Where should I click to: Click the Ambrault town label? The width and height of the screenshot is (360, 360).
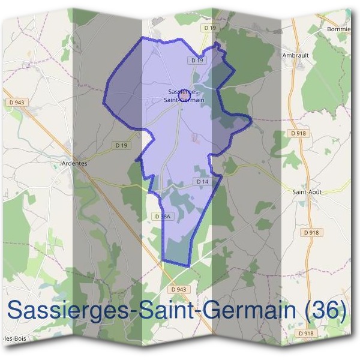295,55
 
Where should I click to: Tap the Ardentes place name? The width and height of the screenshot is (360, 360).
74,163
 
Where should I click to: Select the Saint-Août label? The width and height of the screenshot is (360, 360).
307,192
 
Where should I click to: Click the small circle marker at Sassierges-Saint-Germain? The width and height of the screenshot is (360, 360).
184,95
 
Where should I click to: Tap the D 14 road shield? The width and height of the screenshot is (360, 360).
202,181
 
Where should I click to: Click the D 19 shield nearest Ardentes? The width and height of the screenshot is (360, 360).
121,145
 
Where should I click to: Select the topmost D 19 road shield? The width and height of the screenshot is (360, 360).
209,28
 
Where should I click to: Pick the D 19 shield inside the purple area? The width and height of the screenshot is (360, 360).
197,60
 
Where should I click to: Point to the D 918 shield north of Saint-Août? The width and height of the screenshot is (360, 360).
298,133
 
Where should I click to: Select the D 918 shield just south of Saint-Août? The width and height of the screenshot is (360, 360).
311,232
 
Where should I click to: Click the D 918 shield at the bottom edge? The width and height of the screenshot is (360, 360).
306,333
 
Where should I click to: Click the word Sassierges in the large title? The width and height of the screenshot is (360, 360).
70,311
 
